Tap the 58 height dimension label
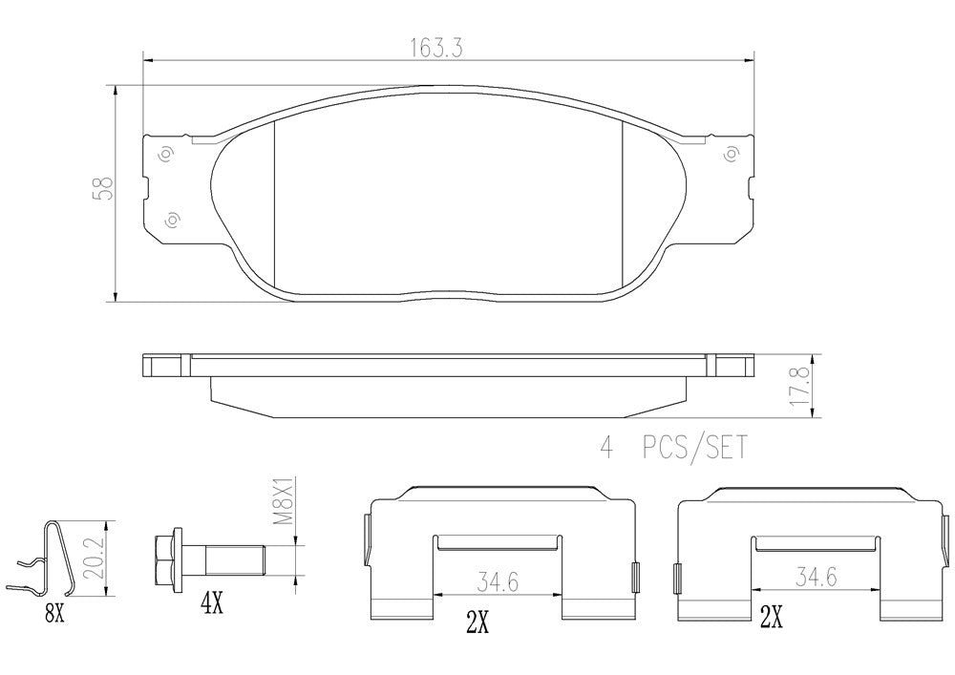click(x=107, y=187)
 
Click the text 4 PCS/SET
click(x=672, y=446)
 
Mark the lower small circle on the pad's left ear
click(x=174, y=220)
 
